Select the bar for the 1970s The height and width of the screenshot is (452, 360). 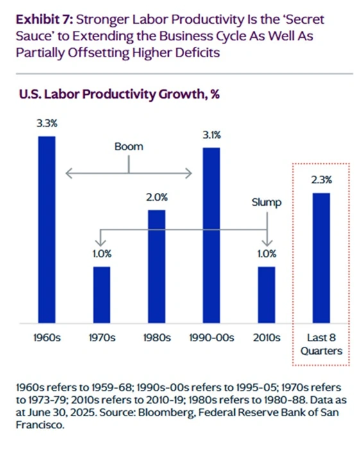tap(102, 294)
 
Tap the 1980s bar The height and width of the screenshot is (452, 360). tap(157, 266)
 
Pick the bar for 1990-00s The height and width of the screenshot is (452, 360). tap(211, 235)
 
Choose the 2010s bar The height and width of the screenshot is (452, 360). tap(266, 294)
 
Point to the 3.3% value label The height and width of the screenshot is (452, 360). tap(47, 123)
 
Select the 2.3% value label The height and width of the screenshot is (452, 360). tap(321, 180)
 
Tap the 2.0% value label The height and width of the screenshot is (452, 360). tap(157, 197)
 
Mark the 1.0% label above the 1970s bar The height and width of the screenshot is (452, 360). tap(102, 254)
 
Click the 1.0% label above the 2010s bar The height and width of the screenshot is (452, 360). tap(266, 254)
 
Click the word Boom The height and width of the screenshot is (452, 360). tap(129, 146)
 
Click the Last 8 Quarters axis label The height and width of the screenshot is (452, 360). tap(321, 344)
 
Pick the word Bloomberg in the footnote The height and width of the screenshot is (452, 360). tap(252, 412)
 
